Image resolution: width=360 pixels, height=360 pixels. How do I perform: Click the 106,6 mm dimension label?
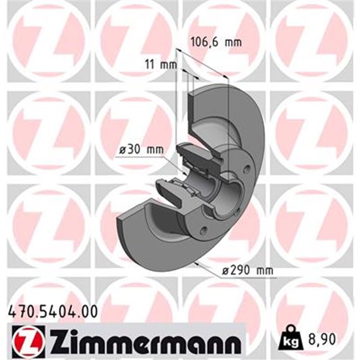pos(214,43)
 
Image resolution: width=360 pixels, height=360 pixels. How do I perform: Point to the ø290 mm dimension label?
pos(248,271)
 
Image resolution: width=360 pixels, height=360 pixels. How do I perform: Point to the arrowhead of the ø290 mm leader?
pos(197,263)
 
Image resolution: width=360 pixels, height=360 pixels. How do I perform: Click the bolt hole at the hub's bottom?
pos(204,231)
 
